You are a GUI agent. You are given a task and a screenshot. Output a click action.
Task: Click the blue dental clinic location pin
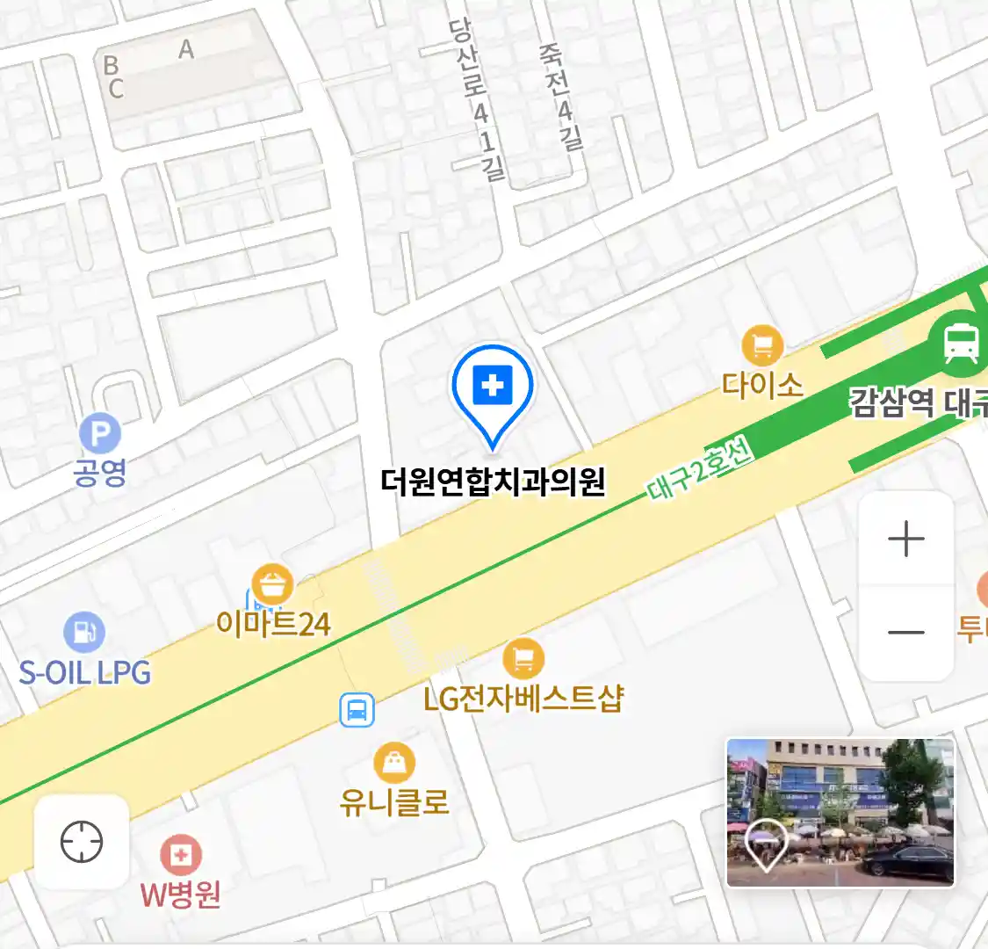click(x=493, y=387)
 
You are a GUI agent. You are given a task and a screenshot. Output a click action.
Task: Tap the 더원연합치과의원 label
click(x=493, y=482)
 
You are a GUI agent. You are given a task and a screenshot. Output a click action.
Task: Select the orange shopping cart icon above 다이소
click(x=762, y=345)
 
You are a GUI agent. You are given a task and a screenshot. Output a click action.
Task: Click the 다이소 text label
click(x=762, y=385)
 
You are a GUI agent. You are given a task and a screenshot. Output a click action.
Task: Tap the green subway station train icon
click(x=962, y=342)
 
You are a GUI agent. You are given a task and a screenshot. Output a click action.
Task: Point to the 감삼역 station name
click(x=891, y=403)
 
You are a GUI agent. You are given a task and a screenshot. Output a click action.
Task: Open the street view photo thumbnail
click(x=840, y=812)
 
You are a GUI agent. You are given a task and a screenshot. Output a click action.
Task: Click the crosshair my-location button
click(x=82, y=842)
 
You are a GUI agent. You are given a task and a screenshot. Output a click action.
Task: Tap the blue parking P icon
click(x=100, y=434)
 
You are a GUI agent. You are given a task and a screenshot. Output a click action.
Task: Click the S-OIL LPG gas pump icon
click(x=84, y=632)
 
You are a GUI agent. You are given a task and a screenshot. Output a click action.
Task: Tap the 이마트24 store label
click(x=273, y=625)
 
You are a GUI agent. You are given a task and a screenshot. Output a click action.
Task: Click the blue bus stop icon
click(x=357, y=710)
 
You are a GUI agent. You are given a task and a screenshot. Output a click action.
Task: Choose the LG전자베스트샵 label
click(x=523, y=699)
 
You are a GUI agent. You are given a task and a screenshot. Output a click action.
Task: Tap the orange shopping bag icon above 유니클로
click(x=394, y=763)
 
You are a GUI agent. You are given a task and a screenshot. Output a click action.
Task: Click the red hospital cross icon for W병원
click(x=181, y=855)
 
